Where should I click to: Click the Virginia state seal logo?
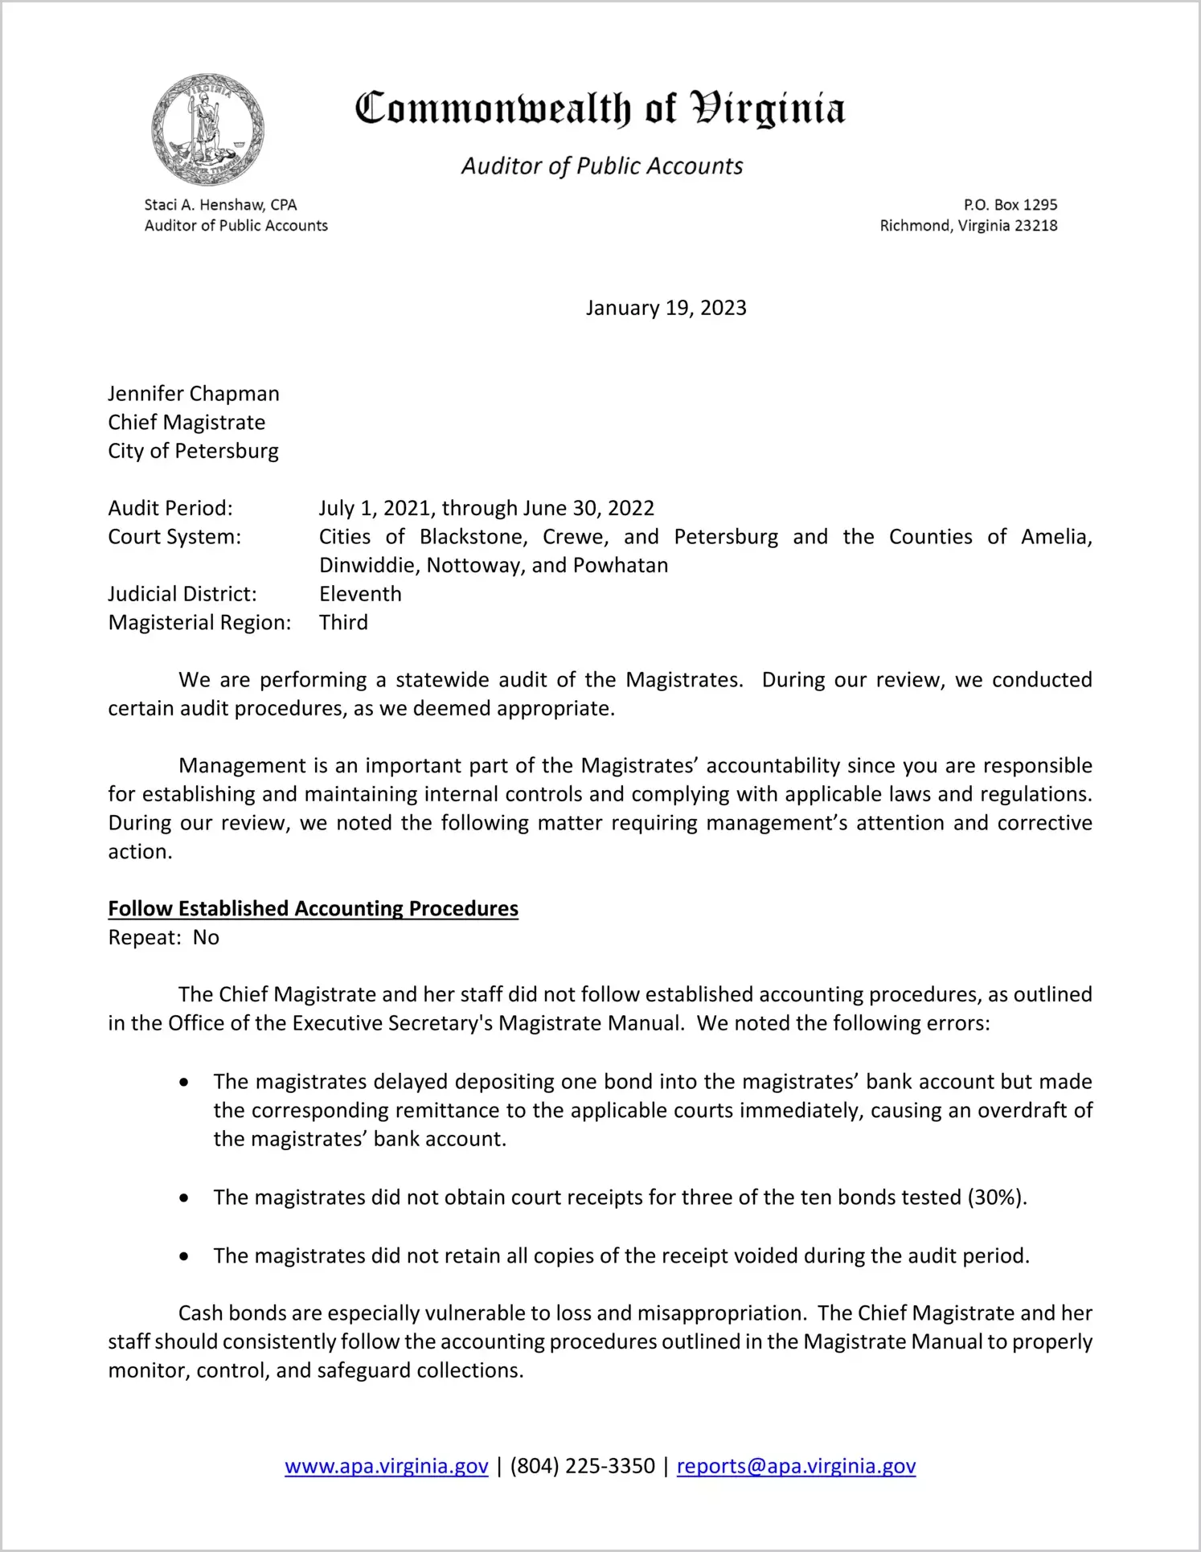(x=208, y=129)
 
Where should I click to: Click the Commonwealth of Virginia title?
(x=600, y=109)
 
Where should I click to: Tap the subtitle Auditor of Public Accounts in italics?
(x=601, y=166)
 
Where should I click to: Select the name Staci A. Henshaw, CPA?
(x=220, y=205)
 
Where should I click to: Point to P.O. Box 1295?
(x=1010, y=205)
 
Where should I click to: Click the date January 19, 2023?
(x=666, y=308)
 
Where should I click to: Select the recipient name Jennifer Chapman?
(x=194, y=394)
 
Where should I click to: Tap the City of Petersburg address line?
(x=193, y=451)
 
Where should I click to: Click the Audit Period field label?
(x=170, y=508)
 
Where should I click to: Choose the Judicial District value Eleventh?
(x=360, y=594)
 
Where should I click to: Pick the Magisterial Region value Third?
(x=343, y=623)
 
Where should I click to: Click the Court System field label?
(x=174, y=537)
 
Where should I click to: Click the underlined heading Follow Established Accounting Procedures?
(x=313, y=908)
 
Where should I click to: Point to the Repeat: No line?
(x=164, y=937)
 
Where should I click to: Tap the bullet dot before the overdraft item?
(x=185, y=1083)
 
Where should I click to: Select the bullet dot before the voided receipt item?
(x=185, y=1256)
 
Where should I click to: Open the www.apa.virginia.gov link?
(x=386, y=1466)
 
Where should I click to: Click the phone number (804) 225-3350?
(x=582, y=1466)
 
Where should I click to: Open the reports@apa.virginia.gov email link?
(x=796, y=1466)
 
